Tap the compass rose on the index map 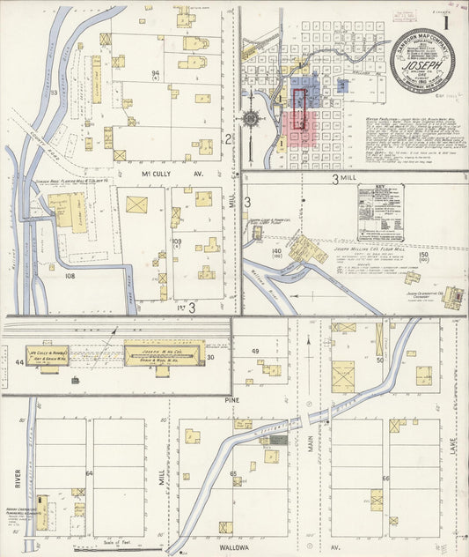pos(252,117)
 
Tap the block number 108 pos(70,275)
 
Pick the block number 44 pos(18,362)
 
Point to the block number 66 pos(385,479)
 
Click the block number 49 pos(256,352)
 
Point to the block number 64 pos(89,473)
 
